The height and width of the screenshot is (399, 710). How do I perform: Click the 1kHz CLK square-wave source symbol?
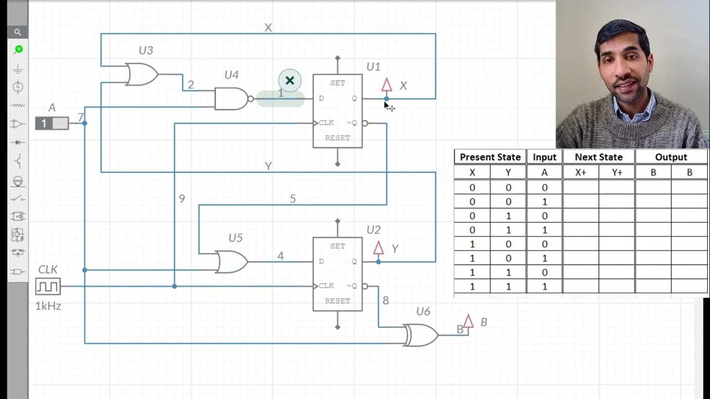pyautogui.click(x=48, y=287)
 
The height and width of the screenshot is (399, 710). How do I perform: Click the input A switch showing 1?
pyautogui.click(x=52, y=123)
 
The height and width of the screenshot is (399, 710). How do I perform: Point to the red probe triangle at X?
pyautogui.click(x=387, y=85)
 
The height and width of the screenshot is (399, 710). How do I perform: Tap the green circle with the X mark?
pyautogui.click(x=290, y=80)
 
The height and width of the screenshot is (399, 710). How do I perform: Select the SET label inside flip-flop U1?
pyautogui.click(x=337, y=83)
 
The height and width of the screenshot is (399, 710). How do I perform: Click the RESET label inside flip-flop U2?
pyautogui.click(x=337, y=301)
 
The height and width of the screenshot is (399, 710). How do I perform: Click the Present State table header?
pyautogui.click(x=490, y=157)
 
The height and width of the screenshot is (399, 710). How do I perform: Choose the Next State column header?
pyautogui.click(x=599, y=157)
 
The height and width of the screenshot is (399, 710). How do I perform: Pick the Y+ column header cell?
pyautogui.click(x=617, y=172)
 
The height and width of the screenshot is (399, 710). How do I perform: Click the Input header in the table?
pyautogui.click(x=544, y=157)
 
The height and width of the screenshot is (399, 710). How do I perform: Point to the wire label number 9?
pyautogui.click(x=181, y=198)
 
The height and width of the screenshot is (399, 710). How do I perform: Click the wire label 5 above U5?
pyautogui.click(x=293, y=199)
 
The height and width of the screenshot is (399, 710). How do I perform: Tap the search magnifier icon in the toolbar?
pyautogui.click(x=18, y=32)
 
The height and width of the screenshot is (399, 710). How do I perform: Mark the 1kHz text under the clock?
pyautogui.click(x=48, y=305)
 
